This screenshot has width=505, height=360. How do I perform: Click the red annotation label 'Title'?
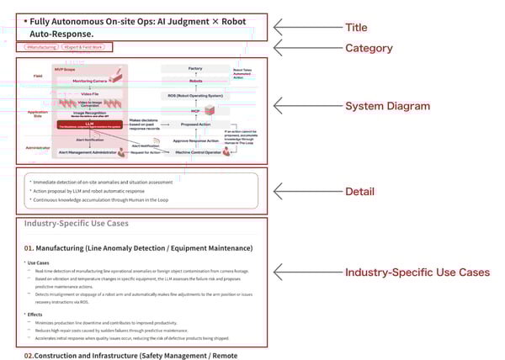point(361,27)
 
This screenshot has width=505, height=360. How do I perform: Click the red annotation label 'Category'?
point(369,48)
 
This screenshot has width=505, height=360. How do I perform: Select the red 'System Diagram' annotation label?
point(387,106)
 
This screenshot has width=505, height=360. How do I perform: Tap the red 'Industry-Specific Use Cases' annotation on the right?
point(417,273)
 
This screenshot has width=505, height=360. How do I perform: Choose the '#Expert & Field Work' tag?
point(82,48)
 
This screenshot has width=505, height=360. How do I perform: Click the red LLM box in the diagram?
point(88,122)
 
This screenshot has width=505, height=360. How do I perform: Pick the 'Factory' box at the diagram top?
point(195,68)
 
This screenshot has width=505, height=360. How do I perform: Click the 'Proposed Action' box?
point(195,123)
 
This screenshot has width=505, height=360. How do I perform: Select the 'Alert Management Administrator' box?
point(90,151)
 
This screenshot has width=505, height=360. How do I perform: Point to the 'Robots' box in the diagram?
point(195,81)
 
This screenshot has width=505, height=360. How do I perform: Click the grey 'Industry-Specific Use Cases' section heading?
point(77,224)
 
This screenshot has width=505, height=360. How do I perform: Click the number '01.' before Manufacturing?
point(29,248)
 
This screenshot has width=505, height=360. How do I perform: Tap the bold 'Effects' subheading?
point(35,315)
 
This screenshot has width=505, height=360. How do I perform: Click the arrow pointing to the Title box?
point(303,27)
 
